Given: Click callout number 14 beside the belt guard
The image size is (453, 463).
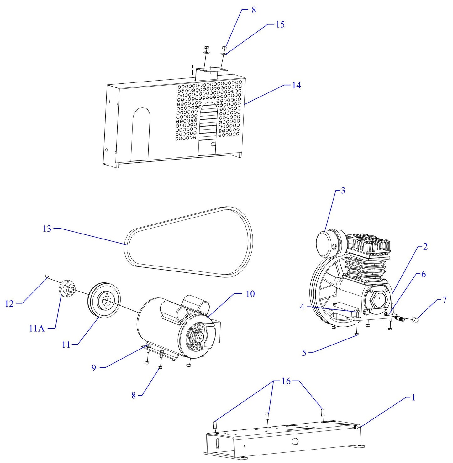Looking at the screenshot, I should click(x=296, y=85).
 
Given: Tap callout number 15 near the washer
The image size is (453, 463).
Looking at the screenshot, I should click(x=280, y=24).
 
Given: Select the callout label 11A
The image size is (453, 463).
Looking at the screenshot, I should click(x=37, y=329).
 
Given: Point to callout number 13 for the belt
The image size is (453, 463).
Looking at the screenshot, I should click(x=47, y=229).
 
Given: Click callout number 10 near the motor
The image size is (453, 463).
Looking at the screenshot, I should click(x=250, y=294).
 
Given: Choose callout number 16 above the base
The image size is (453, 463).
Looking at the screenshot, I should click(x=286, y=381).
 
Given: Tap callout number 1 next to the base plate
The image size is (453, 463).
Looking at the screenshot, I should click(x=413, y=397).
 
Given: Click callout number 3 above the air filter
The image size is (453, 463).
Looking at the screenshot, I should click(x=343, y=191).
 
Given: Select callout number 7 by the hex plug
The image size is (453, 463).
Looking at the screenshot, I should click(x=444, y=300).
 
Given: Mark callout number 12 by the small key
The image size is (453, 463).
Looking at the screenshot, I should click(x=9, y=303).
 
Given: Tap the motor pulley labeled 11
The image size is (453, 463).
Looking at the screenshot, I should click(x=103, y=300).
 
